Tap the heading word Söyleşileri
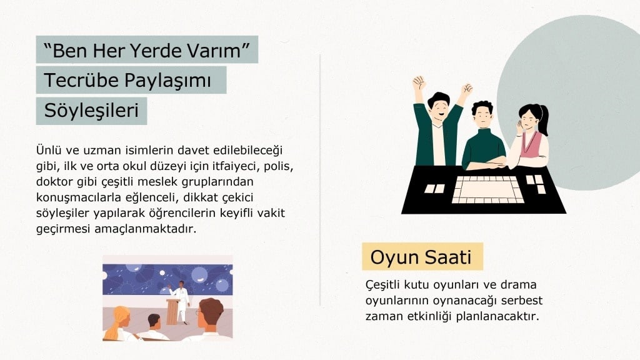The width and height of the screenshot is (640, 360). coord(91,111)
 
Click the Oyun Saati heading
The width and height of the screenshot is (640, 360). coord(421,257)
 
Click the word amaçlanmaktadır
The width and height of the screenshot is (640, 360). coord(145,229)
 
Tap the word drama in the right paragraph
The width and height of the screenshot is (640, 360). coord(518,284)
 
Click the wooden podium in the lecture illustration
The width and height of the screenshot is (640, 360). coord(173,311)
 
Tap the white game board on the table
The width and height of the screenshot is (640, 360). coord(487,190)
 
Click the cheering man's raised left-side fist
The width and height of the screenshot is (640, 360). coord(419,82)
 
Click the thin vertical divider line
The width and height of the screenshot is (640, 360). coord(320,180)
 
